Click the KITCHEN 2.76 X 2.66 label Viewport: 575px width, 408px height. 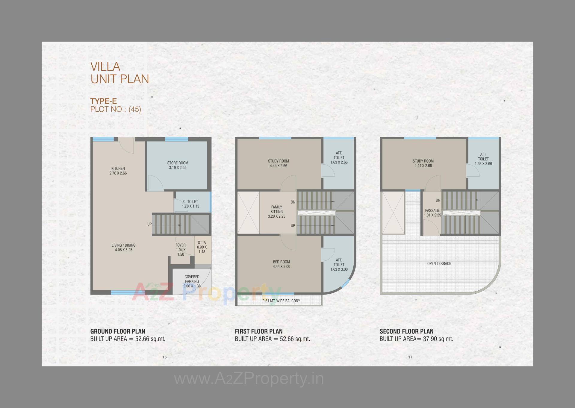[118, 171]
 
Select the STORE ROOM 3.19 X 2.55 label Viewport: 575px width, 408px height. [178, 165]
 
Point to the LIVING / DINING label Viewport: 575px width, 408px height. [123, 247]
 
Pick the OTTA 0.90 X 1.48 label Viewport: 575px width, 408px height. [202, 247]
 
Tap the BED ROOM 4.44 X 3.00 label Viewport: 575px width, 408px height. [281, 264]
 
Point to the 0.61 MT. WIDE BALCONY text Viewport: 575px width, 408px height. [281, 301]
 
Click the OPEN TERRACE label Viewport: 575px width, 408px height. [439, 263]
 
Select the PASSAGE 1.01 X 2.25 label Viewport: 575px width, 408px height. [432, 213]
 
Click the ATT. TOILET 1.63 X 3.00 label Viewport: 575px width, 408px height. [339, 265]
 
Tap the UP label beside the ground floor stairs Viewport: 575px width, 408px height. [149, 224]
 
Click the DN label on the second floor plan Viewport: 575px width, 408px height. [438, 200]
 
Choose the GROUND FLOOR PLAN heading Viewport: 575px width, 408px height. [118, 331]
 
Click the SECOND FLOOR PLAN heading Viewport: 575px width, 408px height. [406, 331]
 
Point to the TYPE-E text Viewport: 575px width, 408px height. [104, 101]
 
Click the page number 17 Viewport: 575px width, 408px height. [410, 357]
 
